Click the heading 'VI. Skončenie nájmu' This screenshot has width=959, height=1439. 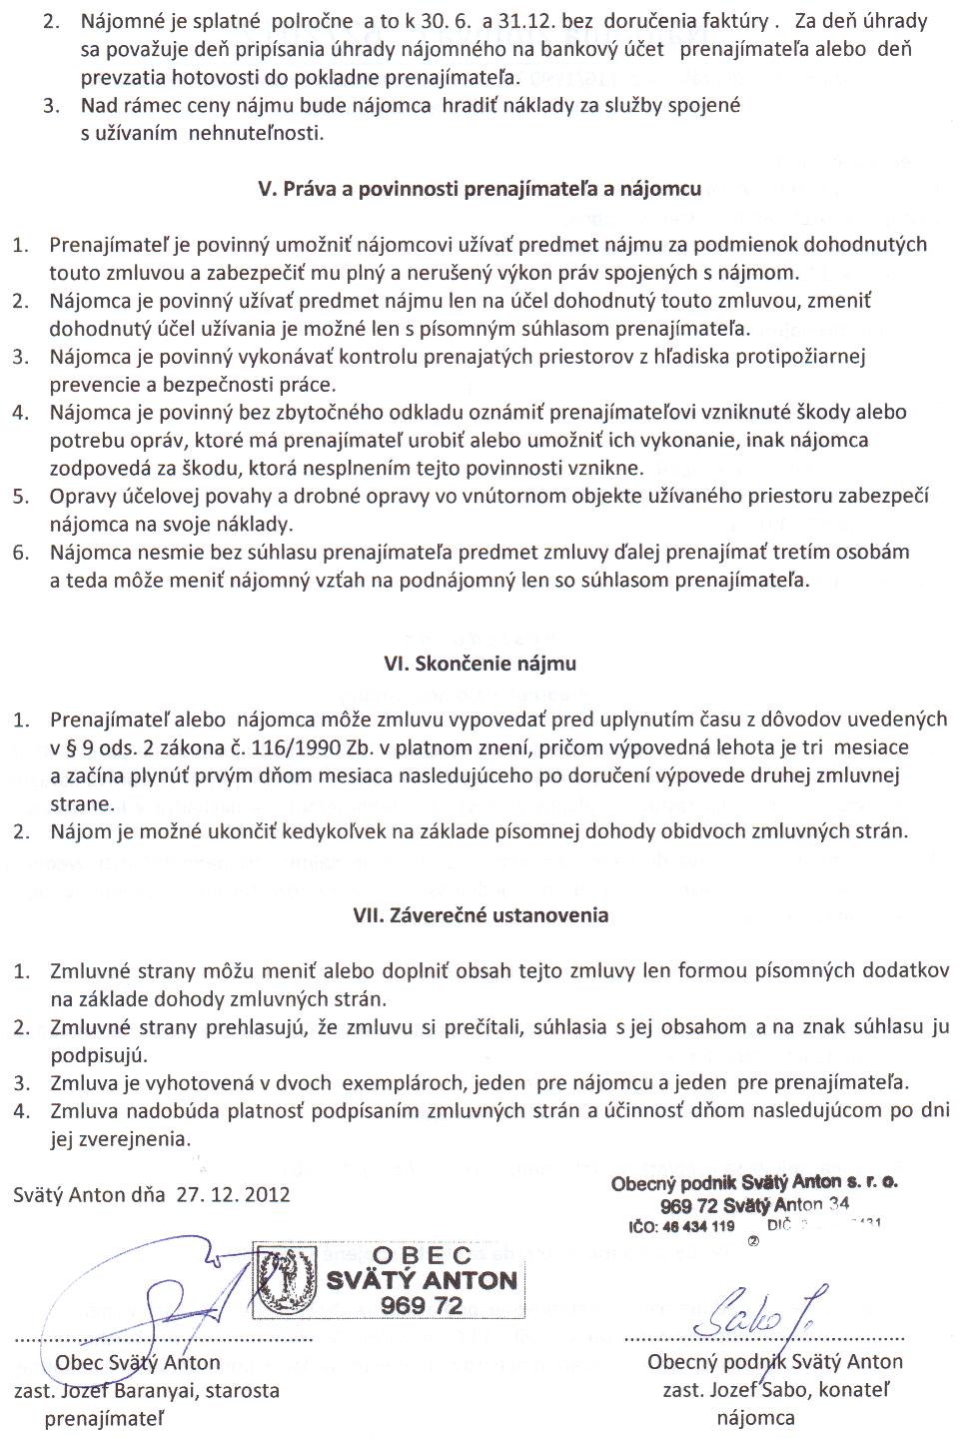[480, 664]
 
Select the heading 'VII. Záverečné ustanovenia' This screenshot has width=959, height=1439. [480, 914]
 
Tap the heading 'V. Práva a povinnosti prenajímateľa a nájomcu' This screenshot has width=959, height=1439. [479, 189]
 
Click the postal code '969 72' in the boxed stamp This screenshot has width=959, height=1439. [422, 1305]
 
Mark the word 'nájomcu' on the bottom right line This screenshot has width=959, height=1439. [755, 1418]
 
